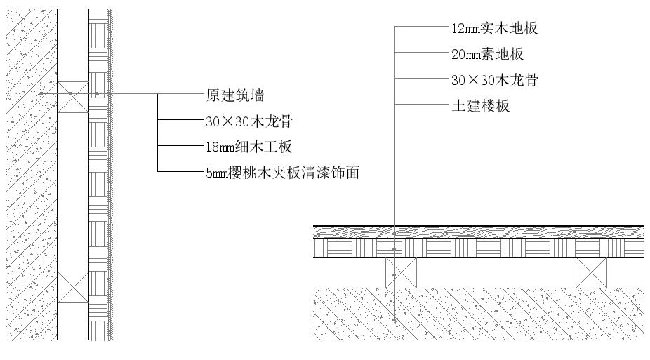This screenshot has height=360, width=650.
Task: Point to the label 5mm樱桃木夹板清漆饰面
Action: coord(282,172)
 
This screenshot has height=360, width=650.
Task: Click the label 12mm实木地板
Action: coord(495,29)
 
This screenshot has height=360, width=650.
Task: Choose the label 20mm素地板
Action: coord(487,54)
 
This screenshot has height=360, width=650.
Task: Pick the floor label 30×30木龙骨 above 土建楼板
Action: coord(495,80)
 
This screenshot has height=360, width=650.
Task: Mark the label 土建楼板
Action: coord(480,106)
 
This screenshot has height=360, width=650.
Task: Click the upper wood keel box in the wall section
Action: coord(73,97)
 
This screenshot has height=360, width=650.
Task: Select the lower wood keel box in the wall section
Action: coord(73,288)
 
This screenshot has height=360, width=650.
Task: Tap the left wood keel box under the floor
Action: coord(402,272)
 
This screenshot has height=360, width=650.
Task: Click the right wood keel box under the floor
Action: coord(591,272)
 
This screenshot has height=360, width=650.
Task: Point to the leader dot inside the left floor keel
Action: coord(394,275)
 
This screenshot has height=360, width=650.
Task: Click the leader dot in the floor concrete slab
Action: coord(394,319)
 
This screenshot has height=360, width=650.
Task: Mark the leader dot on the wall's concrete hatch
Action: coord(41,93)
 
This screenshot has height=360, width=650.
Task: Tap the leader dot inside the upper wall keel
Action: coord(70,93)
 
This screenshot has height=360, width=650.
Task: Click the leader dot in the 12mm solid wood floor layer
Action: coord(394,232)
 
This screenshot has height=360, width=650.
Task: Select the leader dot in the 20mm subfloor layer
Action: coord(394,249)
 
